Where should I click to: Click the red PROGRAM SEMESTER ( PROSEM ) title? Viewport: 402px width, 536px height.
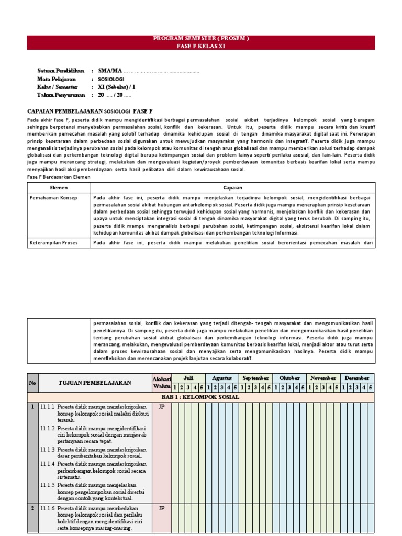[201, 39]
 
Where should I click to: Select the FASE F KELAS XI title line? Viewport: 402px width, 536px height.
[201, 46]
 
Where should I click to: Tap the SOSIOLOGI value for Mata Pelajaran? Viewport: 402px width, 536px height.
[110, 79]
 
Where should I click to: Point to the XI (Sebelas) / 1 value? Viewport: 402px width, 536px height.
[116, 87]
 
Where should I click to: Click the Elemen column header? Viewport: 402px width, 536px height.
[59, 187]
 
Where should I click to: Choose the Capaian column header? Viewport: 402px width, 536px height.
[232, 187]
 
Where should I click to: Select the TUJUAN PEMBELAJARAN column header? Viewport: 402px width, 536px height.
[95, 383]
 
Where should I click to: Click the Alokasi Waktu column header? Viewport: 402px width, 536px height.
[161, 382]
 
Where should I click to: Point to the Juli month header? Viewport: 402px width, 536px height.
[188, 377]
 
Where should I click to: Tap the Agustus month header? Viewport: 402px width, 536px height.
[222, 377]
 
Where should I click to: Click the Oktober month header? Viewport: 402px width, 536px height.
[290, 377]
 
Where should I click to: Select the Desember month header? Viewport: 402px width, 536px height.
[358, 377]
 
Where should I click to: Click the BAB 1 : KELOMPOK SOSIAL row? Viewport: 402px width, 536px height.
[201, 397]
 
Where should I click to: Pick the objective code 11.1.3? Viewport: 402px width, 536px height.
[48, 449]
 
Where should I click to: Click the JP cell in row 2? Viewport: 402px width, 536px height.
[161, 508]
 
